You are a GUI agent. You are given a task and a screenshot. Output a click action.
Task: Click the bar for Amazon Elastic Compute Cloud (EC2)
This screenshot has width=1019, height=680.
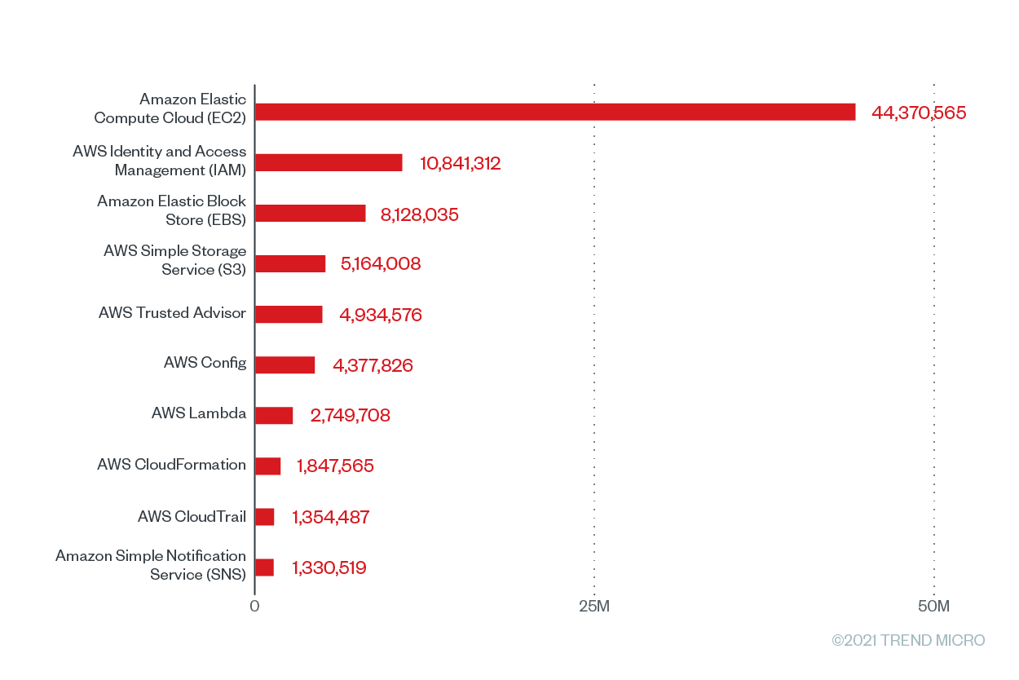(x=555, y=112)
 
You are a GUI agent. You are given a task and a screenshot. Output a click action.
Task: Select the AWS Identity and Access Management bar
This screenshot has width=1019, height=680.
(x=329, y=162)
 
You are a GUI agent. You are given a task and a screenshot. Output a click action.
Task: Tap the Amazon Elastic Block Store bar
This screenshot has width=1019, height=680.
(x=311, y=214)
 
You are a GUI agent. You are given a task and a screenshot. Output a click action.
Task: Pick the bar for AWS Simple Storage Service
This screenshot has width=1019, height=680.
(x=290, y=263)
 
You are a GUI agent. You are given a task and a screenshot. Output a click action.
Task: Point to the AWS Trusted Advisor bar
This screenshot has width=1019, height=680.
(x=289, y=315)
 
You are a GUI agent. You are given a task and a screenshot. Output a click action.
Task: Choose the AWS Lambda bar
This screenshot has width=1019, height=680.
(x=274, y=415)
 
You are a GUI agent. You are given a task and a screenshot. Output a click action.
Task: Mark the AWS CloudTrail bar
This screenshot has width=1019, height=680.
(x=265, y=517)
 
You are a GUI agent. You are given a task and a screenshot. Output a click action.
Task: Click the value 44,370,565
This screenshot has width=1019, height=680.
(x=919, y=113)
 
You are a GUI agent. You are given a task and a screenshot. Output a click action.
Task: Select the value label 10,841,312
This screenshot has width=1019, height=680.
(x=461, y=163)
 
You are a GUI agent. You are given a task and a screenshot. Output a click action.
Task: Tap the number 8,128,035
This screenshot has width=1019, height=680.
(x=420, y=214)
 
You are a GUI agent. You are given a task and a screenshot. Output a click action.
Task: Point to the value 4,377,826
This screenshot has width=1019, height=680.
(x=373, y=365)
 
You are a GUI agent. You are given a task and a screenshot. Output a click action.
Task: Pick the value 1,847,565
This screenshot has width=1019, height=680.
(x=335, y=466)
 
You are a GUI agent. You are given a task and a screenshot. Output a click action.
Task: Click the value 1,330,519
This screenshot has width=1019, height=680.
(x=329, y=567)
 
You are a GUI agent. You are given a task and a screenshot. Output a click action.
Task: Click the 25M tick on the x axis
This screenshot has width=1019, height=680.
(x=593, y=607)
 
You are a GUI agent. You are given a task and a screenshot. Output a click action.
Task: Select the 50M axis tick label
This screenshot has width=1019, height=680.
(x=933, y=607)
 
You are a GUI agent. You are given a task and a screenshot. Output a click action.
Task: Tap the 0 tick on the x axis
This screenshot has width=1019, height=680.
(x=254, y=607)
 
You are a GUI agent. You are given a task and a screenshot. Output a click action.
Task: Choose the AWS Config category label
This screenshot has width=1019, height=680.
(x=205, y=363)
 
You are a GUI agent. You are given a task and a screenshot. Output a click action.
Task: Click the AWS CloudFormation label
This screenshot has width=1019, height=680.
(x=171, y=465)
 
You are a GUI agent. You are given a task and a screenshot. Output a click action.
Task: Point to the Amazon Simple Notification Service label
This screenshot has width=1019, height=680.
(x=151, y=565)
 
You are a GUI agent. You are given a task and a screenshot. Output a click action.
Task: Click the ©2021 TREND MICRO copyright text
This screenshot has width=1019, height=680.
(x=908, y=640)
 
